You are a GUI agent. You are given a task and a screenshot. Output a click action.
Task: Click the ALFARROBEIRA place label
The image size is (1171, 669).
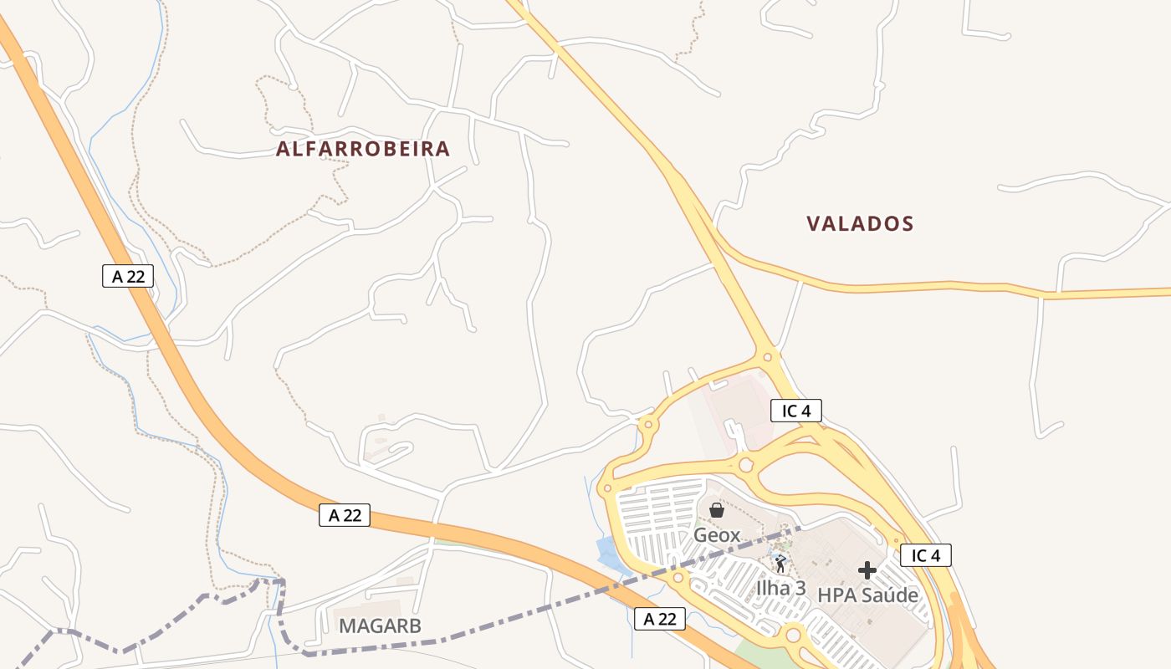point(363,150)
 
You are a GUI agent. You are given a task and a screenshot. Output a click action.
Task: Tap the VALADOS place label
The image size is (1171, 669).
point(860,224)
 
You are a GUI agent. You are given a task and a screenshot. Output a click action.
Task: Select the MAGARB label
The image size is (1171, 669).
point(380,626)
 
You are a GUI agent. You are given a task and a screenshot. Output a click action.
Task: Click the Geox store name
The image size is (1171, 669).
point(717,534)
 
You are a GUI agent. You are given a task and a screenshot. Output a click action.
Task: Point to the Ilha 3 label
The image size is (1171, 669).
point(780,588)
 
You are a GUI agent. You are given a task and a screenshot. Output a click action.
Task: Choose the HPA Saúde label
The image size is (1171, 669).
point(867,595)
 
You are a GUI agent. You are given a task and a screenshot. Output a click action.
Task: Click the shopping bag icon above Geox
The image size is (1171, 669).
point(717,510)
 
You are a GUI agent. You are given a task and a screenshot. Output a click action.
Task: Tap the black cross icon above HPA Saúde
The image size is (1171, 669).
point(867,570)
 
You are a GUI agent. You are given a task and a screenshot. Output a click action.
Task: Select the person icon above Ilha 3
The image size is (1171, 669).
point(780,563)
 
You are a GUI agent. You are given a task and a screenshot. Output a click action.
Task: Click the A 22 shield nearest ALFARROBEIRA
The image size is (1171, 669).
point(128,276)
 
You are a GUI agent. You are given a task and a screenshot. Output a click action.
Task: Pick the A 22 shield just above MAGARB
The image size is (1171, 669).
point(345,515)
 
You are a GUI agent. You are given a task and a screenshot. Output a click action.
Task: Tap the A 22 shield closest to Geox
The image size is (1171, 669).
point(660,619)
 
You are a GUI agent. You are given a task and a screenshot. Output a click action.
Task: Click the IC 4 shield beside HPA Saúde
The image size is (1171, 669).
point(926,555)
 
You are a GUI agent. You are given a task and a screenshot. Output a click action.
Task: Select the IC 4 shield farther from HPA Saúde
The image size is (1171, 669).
point(796,411)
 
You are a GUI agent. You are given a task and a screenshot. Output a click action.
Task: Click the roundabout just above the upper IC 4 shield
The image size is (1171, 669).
point(767,357)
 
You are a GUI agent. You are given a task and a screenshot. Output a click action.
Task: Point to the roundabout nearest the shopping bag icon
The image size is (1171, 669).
point(745,465)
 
